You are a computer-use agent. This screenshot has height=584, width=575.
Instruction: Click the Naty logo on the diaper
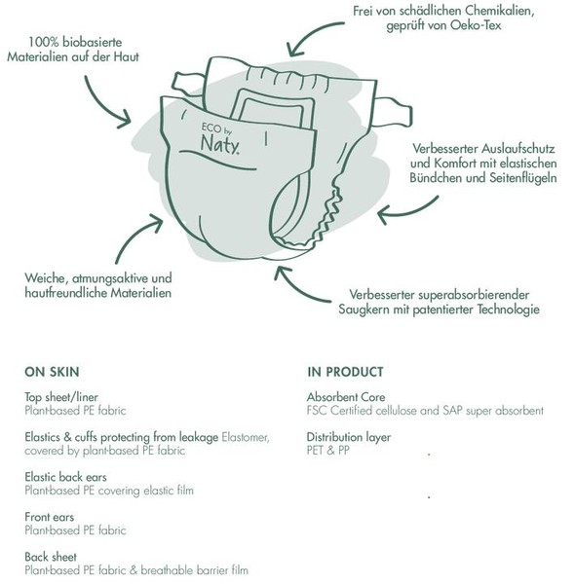pyautogui.click(x=220, y=139)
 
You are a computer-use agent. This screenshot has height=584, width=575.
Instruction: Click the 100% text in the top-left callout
pyautogui.click(x=43, y=42)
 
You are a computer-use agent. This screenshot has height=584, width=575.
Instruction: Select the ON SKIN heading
pyautogui.click(x=52, y=372)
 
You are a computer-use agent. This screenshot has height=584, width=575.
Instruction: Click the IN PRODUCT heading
pyautogui.click(x=345, y=372)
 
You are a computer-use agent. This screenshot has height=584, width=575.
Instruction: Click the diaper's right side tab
pyautogui.click(x=395, y=110)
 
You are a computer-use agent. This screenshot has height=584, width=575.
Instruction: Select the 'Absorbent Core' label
pyautogui.click(x=346, y=397)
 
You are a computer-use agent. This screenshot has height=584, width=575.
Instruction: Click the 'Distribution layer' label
pyautogui.click(x=349, y=437)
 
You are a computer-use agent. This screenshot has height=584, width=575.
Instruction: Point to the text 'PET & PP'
pyautogui.click(x=328, y=451)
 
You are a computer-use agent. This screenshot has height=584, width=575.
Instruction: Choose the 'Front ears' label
pyautogui.click(x=50, y=517)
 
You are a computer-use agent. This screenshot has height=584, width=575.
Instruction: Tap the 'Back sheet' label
pyautogui.click(x=51, y=557)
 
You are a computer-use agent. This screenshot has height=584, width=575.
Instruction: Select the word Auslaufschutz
pyautogui.click(x=517, y=149)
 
